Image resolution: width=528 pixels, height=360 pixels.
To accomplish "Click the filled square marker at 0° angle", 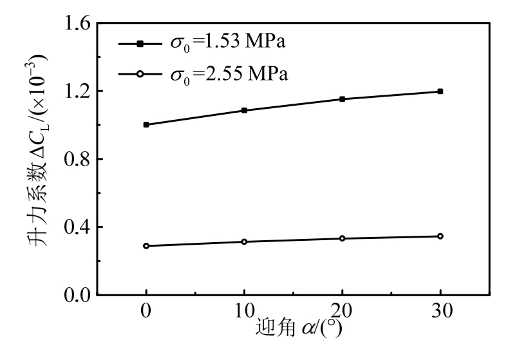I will point(146,124).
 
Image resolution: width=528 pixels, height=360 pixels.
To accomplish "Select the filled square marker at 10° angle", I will point(244,110).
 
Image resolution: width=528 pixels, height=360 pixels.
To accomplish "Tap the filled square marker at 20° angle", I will point(342,99).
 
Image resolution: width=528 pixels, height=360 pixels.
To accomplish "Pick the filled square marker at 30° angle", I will point(440,91).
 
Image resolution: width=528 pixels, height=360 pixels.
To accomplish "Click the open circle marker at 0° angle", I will point(146,245).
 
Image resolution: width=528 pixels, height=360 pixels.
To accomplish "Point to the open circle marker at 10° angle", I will point(244,242).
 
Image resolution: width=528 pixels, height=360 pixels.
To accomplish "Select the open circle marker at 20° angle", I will point(342,238).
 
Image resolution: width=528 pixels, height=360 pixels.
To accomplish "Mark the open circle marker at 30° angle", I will point(440,236).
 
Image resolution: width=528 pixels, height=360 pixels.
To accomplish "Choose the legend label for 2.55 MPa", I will point(228,74).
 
